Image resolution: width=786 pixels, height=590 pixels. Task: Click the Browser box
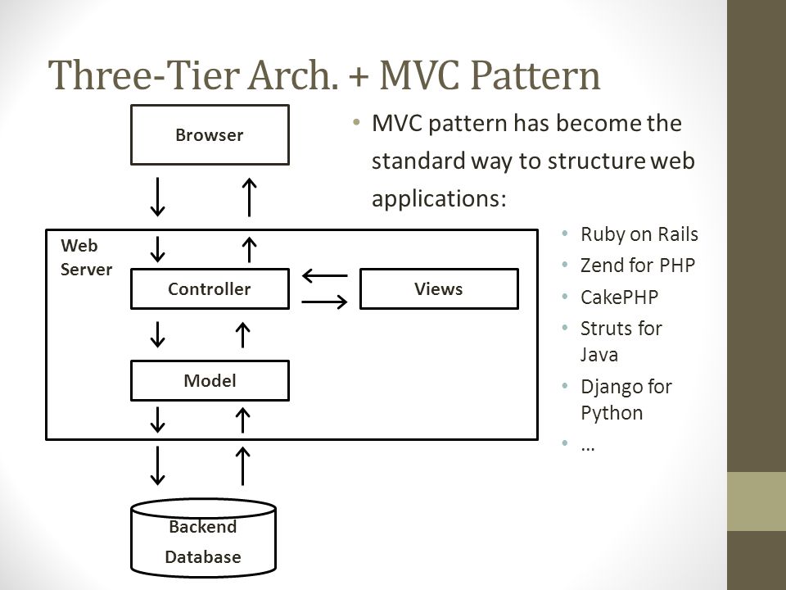click(210, 135)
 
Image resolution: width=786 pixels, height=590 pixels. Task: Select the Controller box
click(210, 289)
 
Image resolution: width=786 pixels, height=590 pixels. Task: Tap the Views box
click(439, 289)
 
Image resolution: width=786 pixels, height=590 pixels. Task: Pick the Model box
click(210, 381)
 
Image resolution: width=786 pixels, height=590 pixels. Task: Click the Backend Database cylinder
click(204, 538)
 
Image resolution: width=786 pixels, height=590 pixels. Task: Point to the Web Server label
click(86, 257)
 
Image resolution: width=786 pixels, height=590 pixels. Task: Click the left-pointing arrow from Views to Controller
click(325, 275)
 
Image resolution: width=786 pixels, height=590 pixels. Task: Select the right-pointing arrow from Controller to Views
click(325, 302)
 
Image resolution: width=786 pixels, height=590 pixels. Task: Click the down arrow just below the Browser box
click(158, 197)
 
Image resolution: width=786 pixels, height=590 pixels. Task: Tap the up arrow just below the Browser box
click(249, 197)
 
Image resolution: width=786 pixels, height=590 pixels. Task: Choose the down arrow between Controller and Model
click(158, 334)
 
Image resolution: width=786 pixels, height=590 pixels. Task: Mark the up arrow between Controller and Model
click(242, 334)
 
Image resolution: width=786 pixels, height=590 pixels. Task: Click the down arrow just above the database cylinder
click(158, 465)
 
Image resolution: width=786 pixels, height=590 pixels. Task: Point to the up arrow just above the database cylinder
click(242, 465)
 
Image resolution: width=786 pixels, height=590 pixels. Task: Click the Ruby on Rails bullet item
click(639, 234)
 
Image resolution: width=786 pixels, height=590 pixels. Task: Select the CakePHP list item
click(619, 297)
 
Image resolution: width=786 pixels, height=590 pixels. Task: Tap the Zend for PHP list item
click(638, 265)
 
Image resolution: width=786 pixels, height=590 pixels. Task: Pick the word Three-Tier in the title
click(145, 75)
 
